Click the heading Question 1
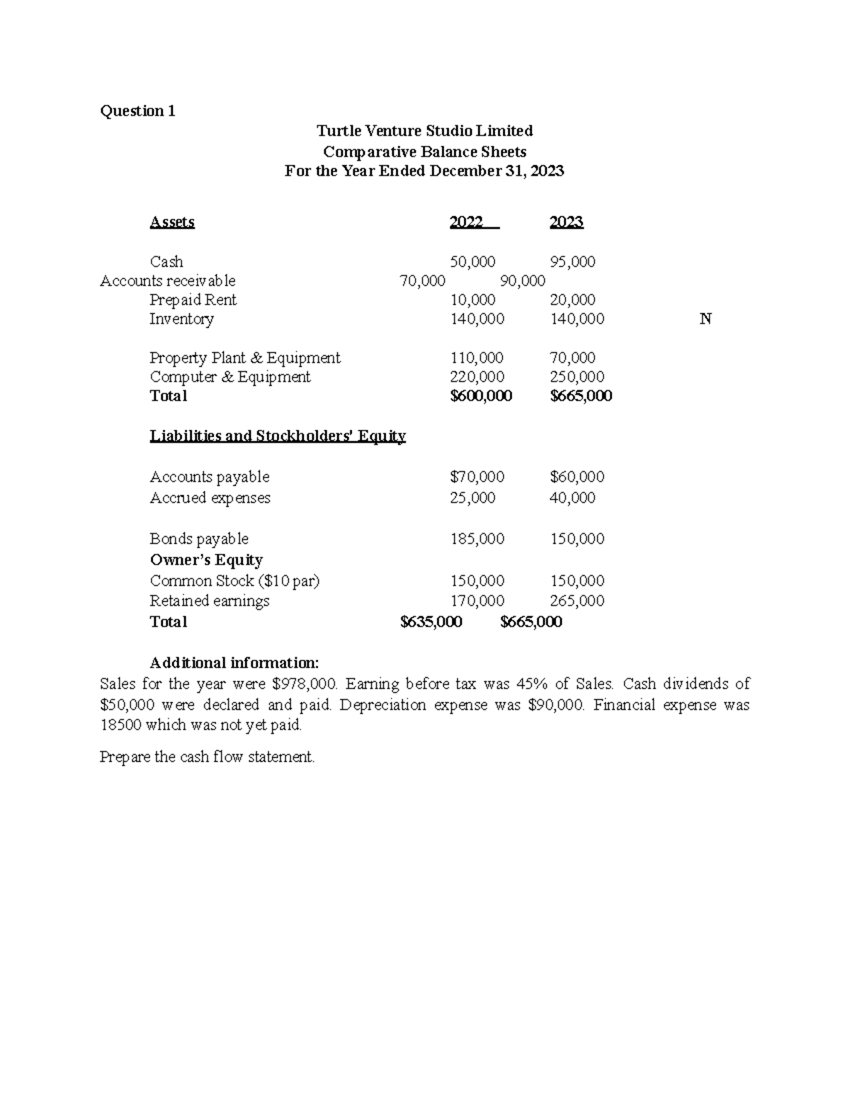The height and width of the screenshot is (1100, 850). tap(137, 110)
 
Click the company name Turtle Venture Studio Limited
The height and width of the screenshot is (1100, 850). tap(424, 131)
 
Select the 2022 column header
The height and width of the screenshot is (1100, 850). tap(473, 222)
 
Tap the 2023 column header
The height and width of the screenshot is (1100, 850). tap(566, 222)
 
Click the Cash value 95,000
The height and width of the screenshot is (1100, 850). tap(572, 262)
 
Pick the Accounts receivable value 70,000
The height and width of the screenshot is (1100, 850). tap(422, 281)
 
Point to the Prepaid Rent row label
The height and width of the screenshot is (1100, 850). tap(193, 300)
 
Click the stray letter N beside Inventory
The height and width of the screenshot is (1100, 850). tap(705, 319)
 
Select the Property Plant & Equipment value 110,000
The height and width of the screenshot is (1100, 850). tap(477, 358)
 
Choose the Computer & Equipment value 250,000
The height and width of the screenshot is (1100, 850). tap(577, 378)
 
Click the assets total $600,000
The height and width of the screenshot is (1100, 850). tap(481, 397)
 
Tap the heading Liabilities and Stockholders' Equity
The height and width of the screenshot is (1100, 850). tap(278, 436)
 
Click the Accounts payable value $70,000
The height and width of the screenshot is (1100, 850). tap(477, 477)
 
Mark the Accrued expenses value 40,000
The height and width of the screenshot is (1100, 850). tap(572, 498)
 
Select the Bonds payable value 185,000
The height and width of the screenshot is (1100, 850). tap(477, 539)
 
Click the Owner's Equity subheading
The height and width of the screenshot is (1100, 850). tap(206, 560)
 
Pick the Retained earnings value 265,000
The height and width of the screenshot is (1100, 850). tap(577, 601)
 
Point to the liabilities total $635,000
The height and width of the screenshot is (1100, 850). tap(431, 623)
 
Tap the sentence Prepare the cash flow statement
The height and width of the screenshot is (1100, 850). tap(207, 757)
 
